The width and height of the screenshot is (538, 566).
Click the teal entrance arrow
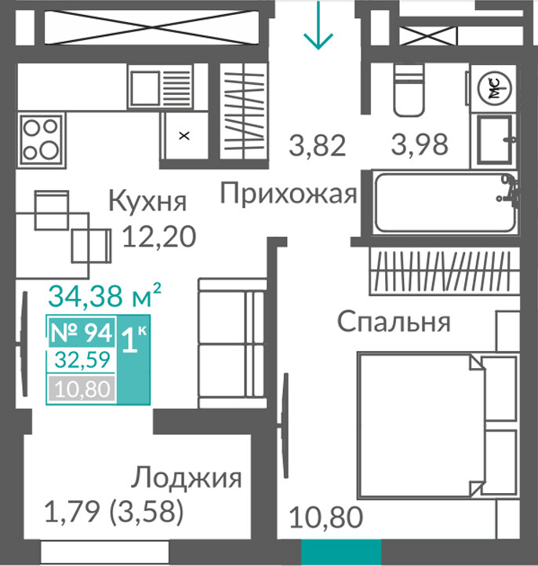[318, 24]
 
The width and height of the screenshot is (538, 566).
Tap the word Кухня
[147, 201]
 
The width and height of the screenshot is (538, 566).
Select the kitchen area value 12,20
[159, 237]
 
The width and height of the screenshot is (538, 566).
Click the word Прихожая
[289, 195]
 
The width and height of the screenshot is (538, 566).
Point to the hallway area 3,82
[318, 145]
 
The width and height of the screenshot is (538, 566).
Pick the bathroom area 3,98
[420, 144]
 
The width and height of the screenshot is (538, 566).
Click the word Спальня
[394, 322]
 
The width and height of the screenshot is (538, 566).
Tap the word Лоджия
[186, 478]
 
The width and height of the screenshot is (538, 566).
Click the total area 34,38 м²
[104, 295]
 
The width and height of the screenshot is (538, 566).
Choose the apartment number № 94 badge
[82, 332]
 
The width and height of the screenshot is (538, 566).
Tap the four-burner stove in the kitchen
[41, 139]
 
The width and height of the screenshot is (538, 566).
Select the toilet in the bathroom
[409, 90]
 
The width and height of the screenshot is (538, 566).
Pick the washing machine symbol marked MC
[494, 89]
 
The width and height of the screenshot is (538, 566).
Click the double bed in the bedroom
[438, 425]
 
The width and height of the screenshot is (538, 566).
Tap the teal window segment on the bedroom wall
[341, 550]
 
